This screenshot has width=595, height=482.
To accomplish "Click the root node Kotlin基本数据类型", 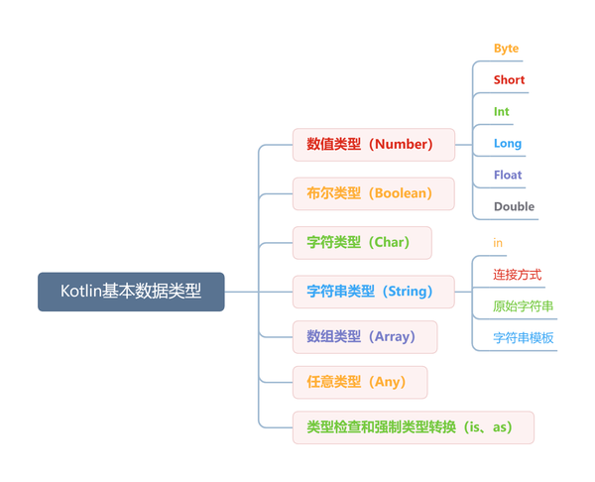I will click(131, 292).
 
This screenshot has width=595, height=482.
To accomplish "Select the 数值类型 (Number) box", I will click(373, 144).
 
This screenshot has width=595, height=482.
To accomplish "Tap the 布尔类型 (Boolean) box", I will click(373, 193).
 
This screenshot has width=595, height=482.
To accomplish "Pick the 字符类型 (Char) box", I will click(362, 242).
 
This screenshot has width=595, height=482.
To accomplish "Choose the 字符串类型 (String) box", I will click(373, 292).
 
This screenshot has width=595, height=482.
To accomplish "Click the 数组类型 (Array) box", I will click(367, 336).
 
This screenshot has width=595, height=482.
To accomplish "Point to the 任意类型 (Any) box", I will click(360, 382).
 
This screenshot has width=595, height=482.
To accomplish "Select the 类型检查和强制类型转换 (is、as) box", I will click(413, 427).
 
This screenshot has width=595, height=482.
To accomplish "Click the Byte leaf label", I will click(506, 48).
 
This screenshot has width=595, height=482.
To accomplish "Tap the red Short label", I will click(509, 79).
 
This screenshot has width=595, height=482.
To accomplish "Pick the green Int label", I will click(502, 111).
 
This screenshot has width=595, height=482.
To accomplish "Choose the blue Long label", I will click(508, 143).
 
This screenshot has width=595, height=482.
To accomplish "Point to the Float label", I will click(508, 175).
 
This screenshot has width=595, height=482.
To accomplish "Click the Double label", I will click(514, 206).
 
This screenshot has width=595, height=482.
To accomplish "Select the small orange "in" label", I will click(498, 242).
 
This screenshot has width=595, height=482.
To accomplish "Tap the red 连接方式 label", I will click(518, 274).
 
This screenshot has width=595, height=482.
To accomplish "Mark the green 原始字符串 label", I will click(524, 305).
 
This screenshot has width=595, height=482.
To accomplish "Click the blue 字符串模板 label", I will click(524, 337).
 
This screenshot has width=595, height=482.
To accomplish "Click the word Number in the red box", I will click(405, 144).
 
